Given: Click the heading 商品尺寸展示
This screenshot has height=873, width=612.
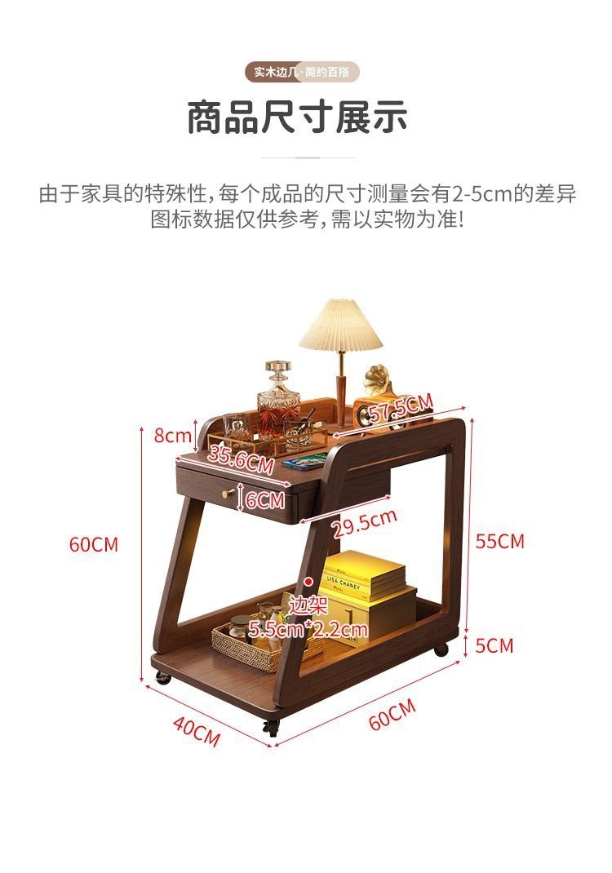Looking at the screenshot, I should pyautogui.click(x=297, y=117).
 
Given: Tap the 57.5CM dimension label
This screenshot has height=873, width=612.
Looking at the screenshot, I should pyautogui.click(x=400, y=408).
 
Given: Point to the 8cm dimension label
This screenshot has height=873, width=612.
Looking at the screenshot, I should pyautogui.click(x=172, y=435).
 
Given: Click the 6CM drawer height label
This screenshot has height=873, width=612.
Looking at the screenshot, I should pyautogui.click(x=265, y=499).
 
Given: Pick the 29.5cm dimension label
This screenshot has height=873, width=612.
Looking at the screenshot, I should pyautogui.click(x=365, y=523).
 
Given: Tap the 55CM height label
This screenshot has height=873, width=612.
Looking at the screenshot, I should pyautogui.click(x=500, y=541).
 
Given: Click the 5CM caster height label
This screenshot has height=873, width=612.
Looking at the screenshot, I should pyautogui.click(x=494, y=645).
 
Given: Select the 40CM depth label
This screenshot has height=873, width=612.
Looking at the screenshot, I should pyautogui.click(x=196, y=729).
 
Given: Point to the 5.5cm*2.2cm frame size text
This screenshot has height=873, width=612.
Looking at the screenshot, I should pyautogui.click(x=308, y=629).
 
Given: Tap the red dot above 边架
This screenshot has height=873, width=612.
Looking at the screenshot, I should pyautogui.click(x=308, y=581).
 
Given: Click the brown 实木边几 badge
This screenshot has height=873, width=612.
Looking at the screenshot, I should pyautogui.click(x=274, y=72).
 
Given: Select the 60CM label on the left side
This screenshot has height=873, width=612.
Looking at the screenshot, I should pyautogui.click(x=94, y=544).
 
